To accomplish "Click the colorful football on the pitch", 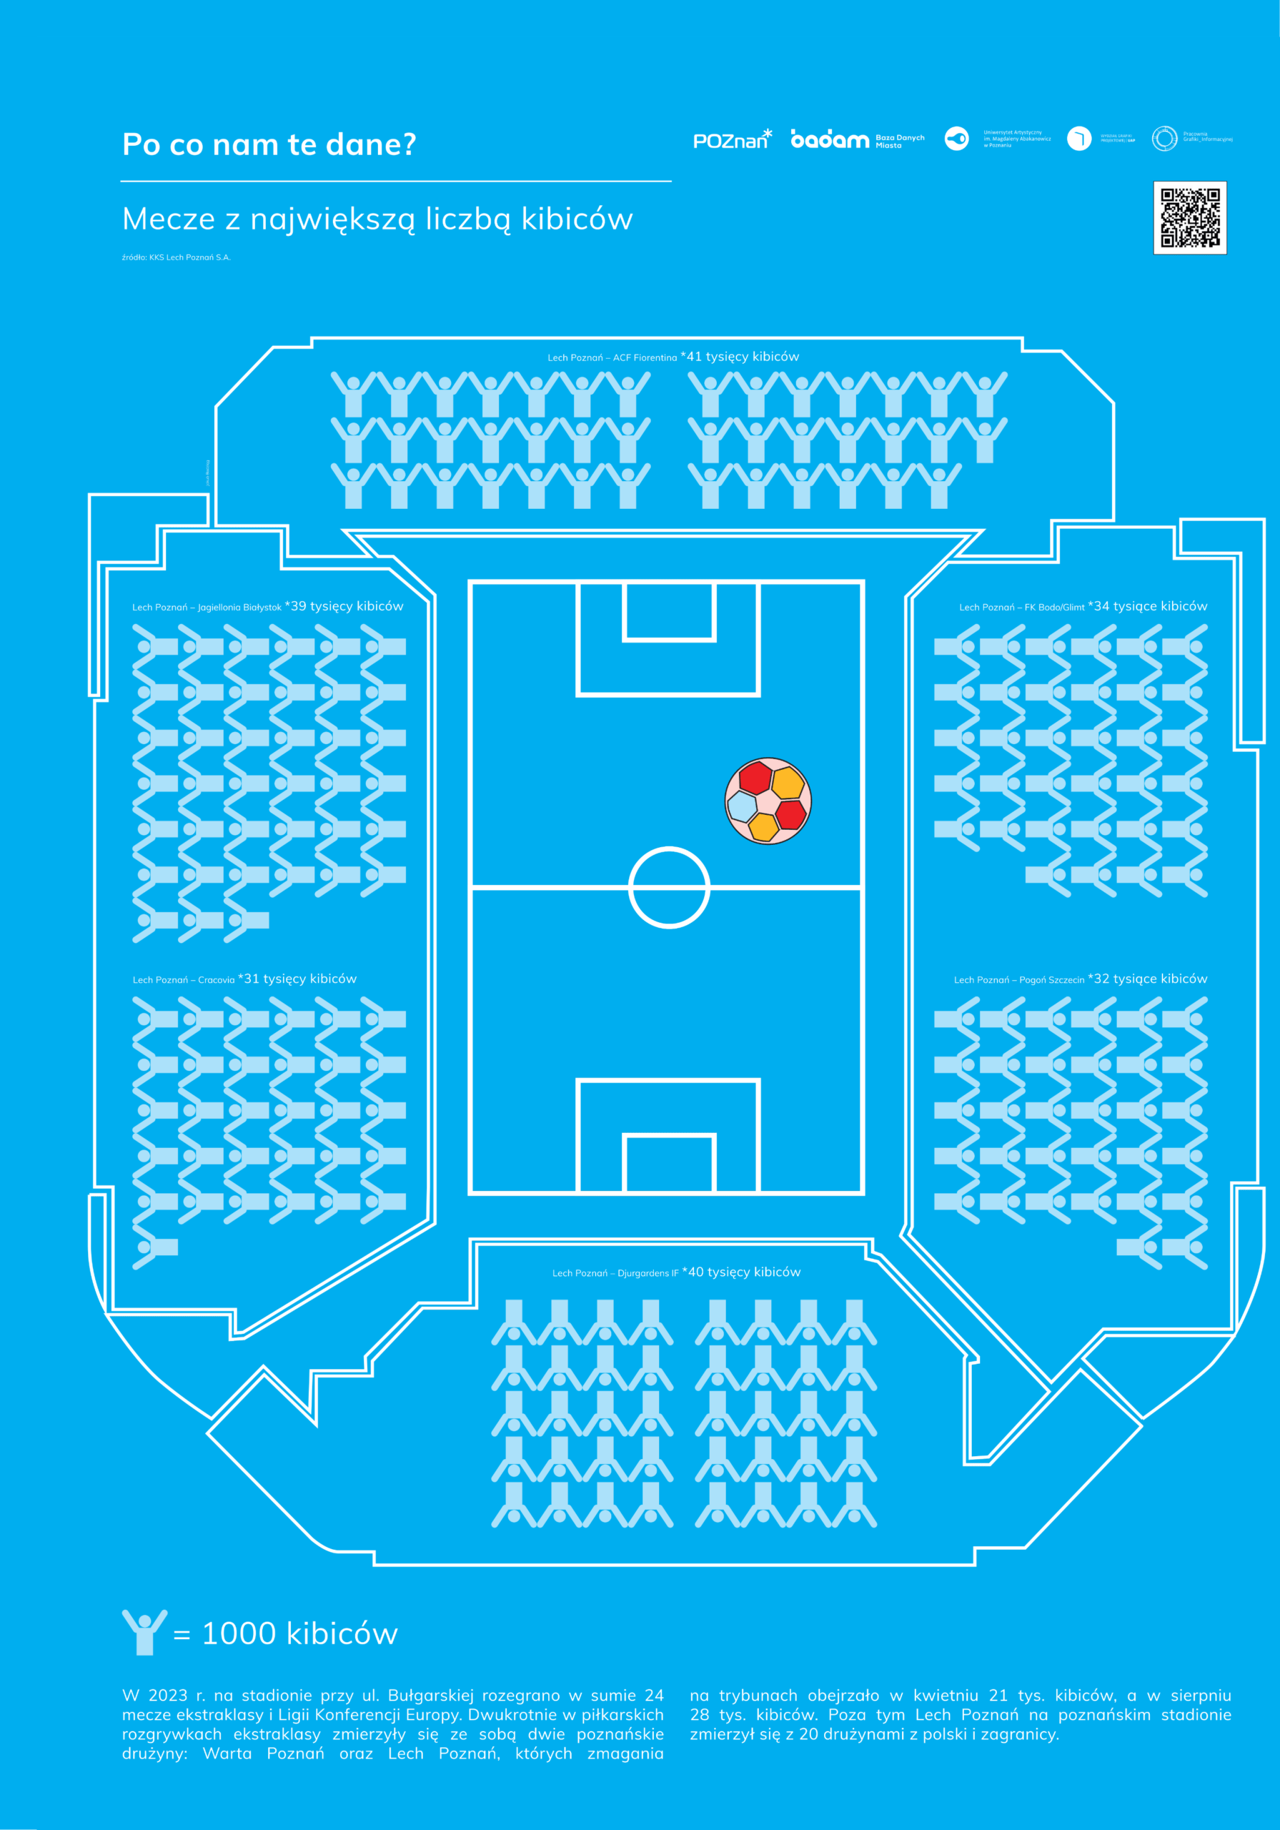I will pos(768,799).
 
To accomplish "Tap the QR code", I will pos(1189,217).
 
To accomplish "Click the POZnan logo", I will pos(732,139).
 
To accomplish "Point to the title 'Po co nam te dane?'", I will pos(269,144).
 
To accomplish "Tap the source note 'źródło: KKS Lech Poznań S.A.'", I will pos(176,257).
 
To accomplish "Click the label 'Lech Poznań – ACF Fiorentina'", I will pos(611,358).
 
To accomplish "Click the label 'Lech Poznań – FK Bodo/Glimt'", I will pos(1021,608).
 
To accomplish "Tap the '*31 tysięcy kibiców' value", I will pos(297,979).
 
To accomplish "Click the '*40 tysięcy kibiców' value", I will pos(741,1272).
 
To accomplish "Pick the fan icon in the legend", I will pos(144,1631).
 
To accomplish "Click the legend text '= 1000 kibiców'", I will pos(285,1634).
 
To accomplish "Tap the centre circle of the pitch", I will pos(669,887).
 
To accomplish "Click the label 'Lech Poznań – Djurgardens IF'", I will pos(615,1274).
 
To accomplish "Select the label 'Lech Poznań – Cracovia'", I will pos(183,980).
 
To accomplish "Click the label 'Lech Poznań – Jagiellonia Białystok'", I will pos(207,608).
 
